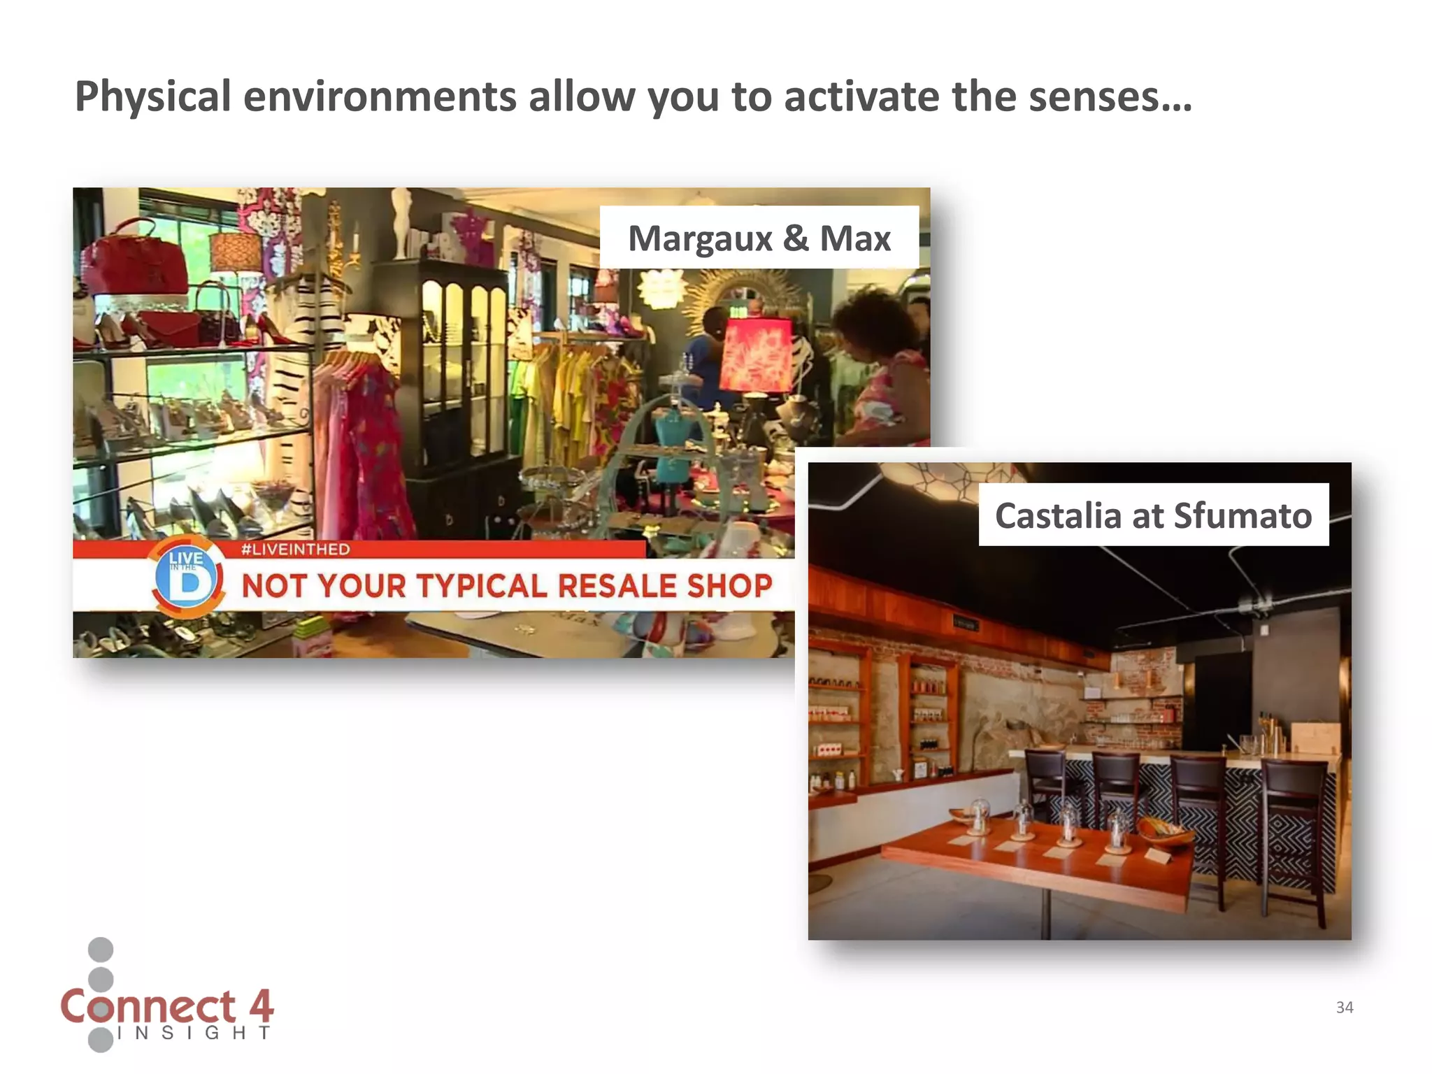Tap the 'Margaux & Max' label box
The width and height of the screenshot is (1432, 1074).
coord(759,238)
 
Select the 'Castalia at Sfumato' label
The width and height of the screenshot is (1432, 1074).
coord(1153,515)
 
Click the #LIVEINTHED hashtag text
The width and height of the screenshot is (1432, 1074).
coord(295,550)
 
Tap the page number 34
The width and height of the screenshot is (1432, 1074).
coord(1344,1008)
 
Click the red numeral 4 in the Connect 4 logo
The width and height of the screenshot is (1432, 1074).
coord(260,1007)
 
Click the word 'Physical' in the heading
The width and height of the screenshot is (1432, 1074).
coord(152,98)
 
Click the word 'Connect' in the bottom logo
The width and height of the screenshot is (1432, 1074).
coord(148,1007)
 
